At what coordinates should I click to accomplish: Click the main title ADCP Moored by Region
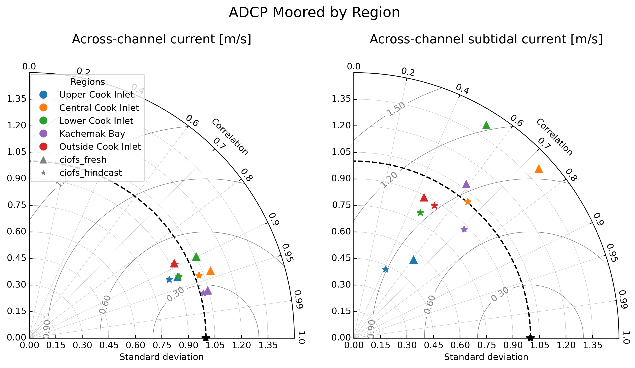pyautogui.click(x=314, y=13)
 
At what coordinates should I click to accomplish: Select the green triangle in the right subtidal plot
pyautogui.click(x=486, y=126)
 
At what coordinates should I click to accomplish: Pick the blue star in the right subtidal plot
pyautogui.click(x=385, y=269)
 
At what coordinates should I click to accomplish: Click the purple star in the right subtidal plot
pyautogui.click(x=464, y=229)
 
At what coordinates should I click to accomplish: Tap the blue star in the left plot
pyautogui.click(x=169, y=279)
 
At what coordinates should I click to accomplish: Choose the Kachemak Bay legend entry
pyautogui.click(x=92, y=134)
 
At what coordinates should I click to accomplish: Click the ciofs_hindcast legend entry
pyautogui.click(x=90, y=173)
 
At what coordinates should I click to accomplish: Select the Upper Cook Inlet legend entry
pyautogui.click(x=96, y=95)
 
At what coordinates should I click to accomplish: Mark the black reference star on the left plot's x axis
pyautogui.click(x=206, y=338)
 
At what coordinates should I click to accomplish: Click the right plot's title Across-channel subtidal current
pyautogui.click(x=486, y=39)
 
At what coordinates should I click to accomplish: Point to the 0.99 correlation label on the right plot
pyautogui.click(x=623, y=299)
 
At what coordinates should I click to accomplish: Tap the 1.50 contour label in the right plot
pyautogui.click(x=396, y=109)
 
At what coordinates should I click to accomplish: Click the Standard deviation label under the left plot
pyautogui.click(x=161, y=357)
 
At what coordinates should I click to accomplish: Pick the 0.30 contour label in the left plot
pyautogui.click(x=175, y=294)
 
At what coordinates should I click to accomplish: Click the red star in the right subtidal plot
pyautogui.click(x=434, y=206)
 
